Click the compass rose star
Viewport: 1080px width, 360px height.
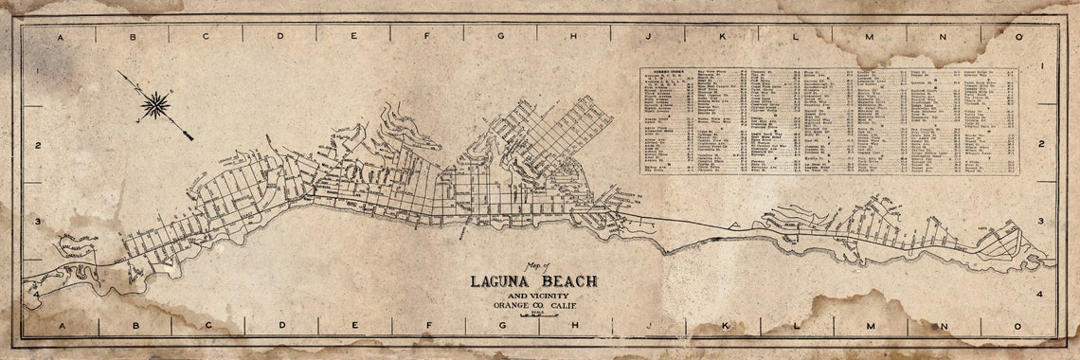(155, 105)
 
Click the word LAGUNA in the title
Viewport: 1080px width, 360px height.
(506, 281)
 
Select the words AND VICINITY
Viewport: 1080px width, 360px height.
(533, 295)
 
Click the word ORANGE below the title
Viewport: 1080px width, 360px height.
(512, 304)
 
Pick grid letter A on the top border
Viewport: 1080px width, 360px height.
(60, 37)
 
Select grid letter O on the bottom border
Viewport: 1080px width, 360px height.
(1019, 326)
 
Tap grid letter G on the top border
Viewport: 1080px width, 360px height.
(500, 37)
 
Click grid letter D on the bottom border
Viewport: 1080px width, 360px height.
(280, 326)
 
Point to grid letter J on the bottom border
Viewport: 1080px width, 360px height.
(648, 326)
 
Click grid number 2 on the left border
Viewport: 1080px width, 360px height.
(36, 145)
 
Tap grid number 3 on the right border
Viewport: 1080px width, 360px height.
(1040, 221)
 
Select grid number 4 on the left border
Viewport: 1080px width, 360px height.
(36, 295)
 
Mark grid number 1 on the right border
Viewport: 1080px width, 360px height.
(1040, 67)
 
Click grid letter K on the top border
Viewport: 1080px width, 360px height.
(722, 37)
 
